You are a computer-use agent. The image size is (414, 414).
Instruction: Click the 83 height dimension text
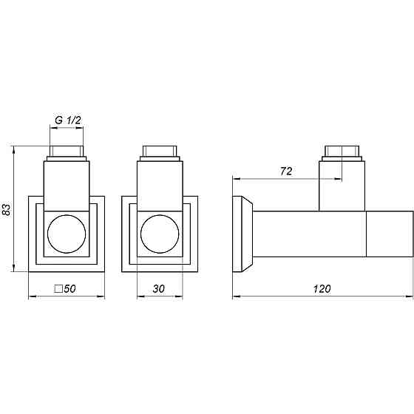tap(7, 210)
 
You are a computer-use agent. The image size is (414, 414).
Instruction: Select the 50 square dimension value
tap(71, 289)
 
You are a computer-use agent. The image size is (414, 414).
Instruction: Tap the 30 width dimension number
tap(159, 289)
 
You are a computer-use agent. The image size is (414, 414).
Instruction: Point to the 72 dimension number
tap(287, 172)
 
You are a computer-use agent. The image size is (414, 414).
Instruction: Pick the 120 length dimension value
tap(322, 289)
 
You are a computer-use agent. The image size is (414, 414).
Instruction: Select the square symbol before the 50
tap(58, 289)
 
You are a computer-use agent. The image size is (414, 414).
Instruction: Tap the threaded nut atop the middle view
tap(159, 154)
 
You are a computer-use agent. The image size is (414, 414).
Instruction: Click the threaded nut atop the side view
tap(342, 154)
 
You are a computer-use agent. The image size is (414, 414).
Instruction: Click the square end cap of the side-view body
tap(390, 234)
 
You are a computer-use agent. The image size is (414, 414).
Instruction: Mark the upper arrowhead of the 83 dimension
tap(15, 150)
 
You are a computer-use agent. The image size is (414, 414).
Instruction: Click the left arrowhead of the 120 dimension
tap(236, 298)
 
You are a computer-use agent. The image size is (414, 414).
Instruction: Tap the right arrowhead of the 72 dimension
tap(339, 178)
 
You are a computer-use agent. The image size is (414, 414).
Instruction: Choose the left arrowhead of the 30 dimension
tap(140, 298)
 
